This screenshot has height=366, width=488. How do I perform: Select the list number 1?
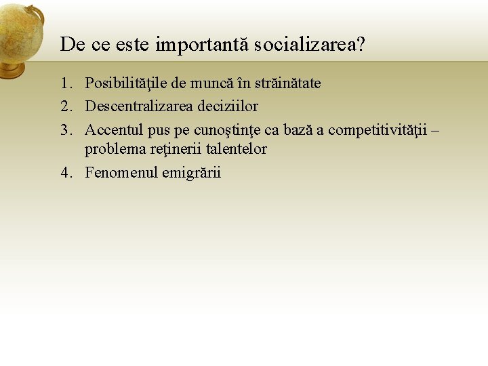(65, 84)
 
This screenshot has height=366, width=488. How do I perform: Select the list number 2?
(65, 106)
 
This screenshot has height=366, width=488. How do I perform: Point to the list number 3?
(65, 129)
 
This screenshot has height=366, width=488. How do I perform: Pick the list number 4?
(65, 173)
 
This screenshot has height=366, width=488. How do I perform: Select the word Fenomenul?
(121, 173)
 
